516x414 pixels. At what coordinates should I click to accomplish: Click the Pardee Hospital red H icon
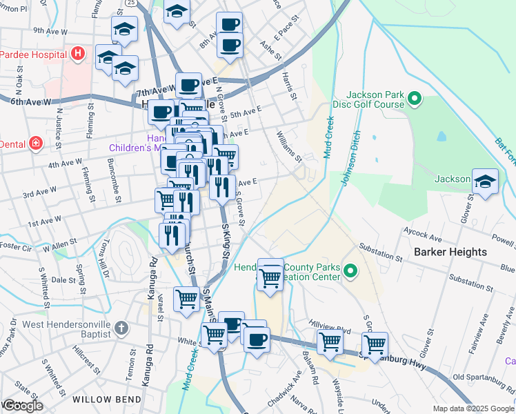78,53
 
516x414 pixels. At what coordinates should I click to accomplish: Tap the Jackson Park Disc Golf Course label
375,99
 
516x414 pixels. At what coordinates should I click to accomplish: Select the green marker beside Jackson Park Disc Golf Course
415,100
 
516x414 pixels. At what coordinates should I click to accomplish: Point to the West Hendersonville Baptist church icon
121,328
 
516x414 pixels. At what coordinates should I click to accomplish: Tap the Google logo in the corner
22,406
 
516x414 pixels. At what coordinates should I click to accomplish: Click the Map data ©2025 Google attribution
473,408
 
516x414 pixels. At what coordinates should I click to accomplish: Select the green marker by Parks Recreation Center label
350,271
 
